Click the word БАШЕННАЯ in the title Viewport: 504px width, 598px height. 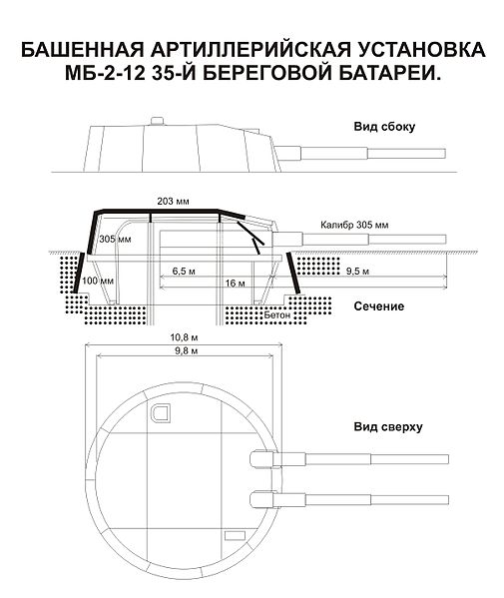coord(83,50)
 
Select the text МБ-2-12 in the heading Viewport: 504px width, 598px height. coord(105,73)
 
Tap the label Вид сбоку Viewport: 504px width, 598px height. coord(384,127)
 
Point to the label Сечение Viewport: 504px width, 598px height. coord(379,305)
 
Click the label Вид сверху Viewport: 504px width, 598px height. coord(388,426)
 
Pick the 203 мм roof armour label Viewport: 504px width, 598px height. coord(173,201)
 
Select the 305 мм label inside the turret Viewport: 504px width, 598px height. coord(115,240)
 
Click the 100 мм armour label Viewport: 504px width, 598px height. coord(98,281)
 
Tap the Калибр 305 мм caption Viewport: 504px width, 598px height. coord(354,225)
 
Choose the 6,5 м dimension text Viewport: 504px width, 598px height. coord(184,272)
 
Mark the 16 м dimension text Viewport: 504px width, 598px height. coord(235,283)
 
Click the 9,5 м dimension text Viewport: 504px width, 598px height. coord(357,272)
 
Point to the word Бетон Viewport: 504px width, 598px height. coord(277,315)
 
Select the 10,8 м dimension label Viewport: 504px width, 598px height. coord(184,337)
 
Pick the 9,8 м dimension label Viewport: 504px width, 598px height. coord(186,350)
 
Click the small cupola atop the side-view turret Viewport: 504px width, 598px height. coord(157,121)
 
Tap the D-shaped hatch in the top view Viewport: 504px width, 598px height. coord(160,413)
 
